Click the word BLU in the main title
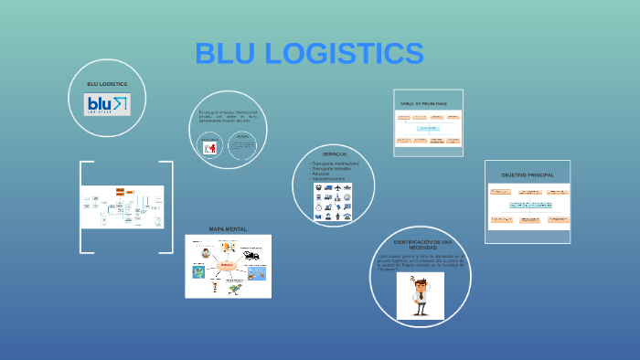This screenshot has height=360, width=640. pos(226,54)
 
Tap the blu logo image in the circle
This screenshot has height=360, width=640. pos(108,105)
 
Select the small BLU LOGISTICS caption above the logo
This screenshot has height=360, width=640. pos(107,84)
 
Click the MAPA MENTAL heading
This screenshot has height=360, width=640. pos(228,228)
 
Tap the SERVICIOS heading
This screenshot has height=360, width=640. pos(334,154)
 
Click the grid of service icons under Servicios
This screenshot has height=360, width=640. pos(335,202)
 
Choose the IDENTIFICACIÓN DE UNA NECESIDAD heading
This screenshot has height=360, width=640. pos(421,244)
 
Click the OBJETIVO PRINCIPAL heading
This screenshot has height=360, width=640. pos(527,174)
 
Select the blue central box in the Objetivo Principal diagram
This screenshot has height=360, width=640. pos(527,206)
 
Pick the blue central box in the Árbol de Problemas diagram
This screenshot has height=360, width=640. pos(428,128)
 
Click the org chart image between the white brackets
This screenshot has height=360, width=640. pos(123,207)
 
